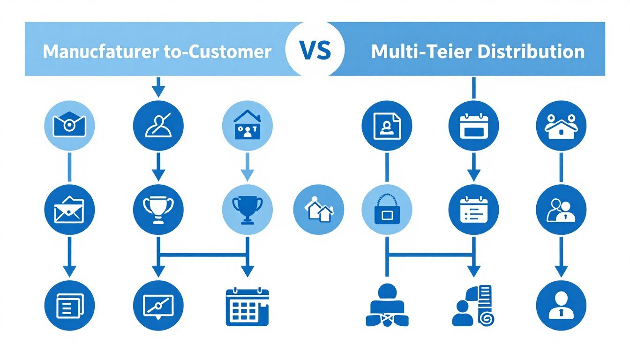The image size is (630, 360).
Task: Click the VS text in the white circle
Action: [x=315, y=50]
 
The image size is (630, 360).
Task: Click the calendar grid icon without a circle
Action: [x=247, y=307]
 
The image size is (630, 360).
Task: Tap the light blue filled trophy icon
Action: [x=247, y=210]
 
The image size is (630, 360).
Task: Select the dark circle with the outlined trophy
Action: [x=158, y=210]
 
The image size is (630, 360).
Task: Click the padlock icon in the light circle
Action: [x=387, y=210]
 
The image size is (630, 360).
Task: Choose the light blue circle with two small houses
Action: [x=319, y=210]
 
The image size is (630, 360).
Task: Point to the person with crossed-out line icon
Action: [x=158, y=126]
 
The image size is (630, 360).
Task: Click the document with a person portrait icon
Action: [x=387, y=126]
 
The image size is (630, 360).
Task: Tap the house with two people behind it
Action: [x=562, y=126]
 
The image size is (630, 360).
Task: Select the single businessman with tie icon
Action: [x=562, y=306]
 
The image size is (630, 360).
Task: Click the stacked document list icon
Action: [x=70, y=306]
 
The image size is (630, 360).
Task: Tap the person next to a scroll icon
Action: [x=473, y=306]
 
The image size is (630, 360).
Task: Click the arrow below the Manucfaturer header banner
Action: [x=158, y=87]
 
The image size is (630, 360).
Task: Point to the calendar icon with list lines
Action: [x=474, y=210]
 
